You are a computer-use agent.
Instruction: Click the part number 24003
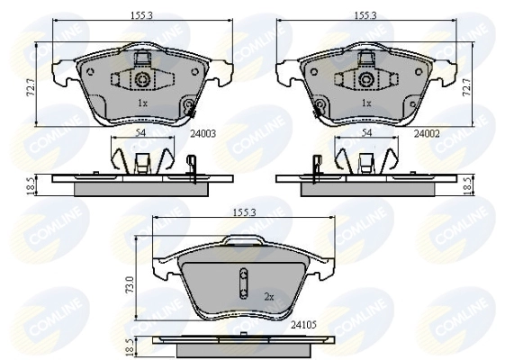[203, 133]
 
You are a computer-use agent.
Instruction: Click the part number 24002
[427, 133]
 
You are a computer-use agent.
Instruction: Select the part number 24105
[303, 325]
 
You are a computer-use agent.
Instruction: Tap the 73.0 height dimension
[130, 284]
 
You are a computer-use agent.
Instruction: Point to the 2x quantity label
[269, 297]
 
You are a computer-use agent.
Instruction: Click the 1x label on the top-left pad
[142, 103]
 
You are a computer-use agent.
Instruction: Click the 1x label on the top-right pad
[366, 103]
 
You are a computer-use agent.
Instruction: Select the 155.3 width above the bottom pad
[244, 212]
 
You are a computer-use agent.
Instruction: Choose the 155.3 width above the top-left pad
[141, 15]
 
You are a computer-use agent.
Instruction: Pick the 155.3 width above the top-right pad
[365, 15]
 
